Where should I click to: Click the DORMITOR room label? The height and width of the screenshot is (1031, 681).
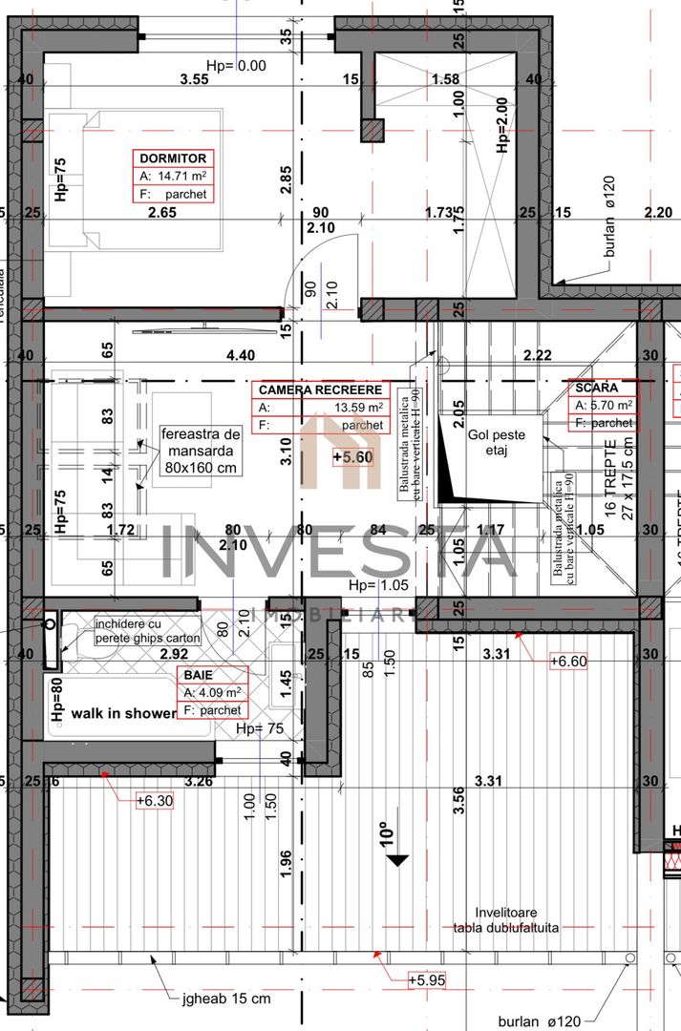[173, 158]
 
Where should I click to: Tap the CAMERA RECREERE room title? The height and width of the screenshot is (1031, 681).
[320, 389]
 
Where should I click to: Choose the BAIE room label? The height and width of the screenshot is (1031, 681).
[200, 675]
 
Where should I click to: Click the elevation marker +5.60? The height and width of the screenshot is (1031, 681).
[351, 457]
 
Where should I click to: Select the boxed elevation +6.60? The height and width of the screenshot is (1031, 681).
[569, 661]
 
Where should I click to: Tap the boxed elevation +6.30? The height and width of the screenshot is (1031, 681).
[155, 801]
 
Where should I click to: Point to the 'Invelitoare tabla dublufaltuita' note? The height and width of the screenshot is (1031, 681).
[505, 920]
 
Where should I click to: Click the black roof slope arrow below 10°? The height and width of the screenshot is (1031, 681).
[398, 860]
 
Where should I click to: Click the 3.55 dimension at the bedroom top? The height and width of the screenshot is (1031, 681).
[194, 80]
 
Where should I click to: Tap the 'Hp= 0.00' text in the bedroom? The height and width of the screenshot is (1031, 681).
[236, 66]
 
